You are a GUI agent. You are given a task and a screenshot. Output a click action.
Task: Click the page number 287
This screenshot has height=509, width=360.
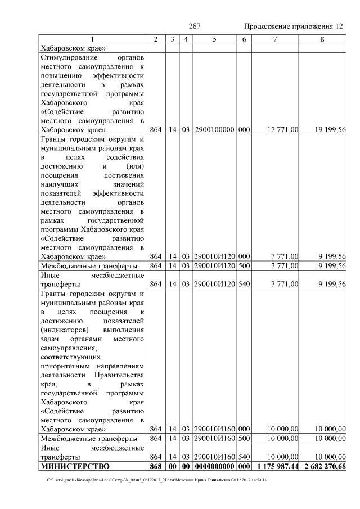[x=195, y=26]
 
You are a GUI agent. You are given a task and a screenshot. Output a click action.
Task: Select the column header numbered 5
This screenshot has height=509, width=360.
[x=215, y=39]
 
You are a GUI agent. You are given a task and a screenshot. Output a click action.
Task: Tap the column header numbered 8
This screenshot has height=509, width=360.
[x=322, y=39]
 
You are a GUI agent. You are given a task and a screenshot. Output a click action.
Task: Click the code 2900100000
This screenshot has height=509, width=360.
[x=215, y=129]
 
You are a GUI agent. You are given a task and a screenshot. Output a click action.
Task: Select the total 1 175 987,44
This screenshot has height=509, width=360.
[x=277, y=467]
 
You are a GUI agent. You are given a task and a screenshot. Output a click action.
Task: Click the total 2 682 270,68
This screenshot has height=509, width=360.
[x=324, y=467]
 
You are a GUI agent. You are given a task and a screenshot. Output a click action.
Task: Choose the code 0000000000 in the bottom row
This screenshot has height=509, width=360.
[x=215, y=467]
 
